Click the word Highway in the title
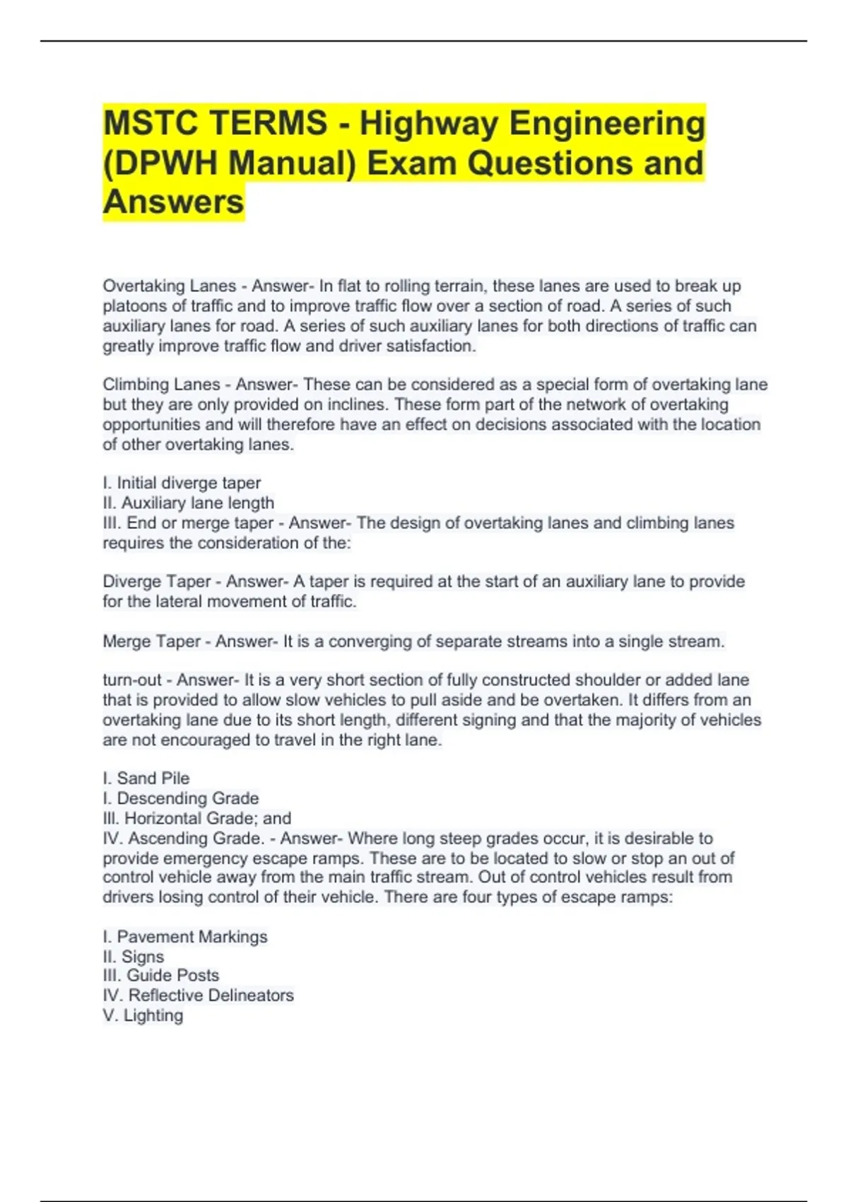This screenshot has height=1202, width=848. [x=429, y=124]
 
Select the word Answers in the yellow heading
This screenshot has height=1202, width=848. [x=173, y=202]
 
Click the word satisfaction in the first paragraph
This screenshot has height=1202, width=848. [x=430, y=346]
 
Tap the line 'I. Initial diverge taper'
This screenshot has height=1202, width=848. [x=182, y=483]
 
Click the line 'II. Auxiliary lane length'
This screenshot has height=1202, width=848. [x=188, y=503]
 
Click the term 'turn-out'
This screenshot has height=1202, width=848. [x=132, y=680]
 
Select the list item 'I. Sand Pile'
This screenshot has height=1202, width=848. [x=146, y=778]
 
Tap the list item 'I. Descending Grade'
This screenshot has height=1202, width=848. [x=181, y=798]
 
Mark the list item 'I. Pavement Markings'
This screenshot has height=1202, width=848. [x=185, y=937]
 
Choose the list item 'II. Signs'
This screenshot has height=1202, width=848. [x=134, y=957]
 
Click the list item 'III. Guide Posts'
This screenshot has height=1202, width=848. [x=161, y=976]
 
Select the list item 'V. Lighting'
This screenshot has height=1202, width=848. [x=143, y=1015]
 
